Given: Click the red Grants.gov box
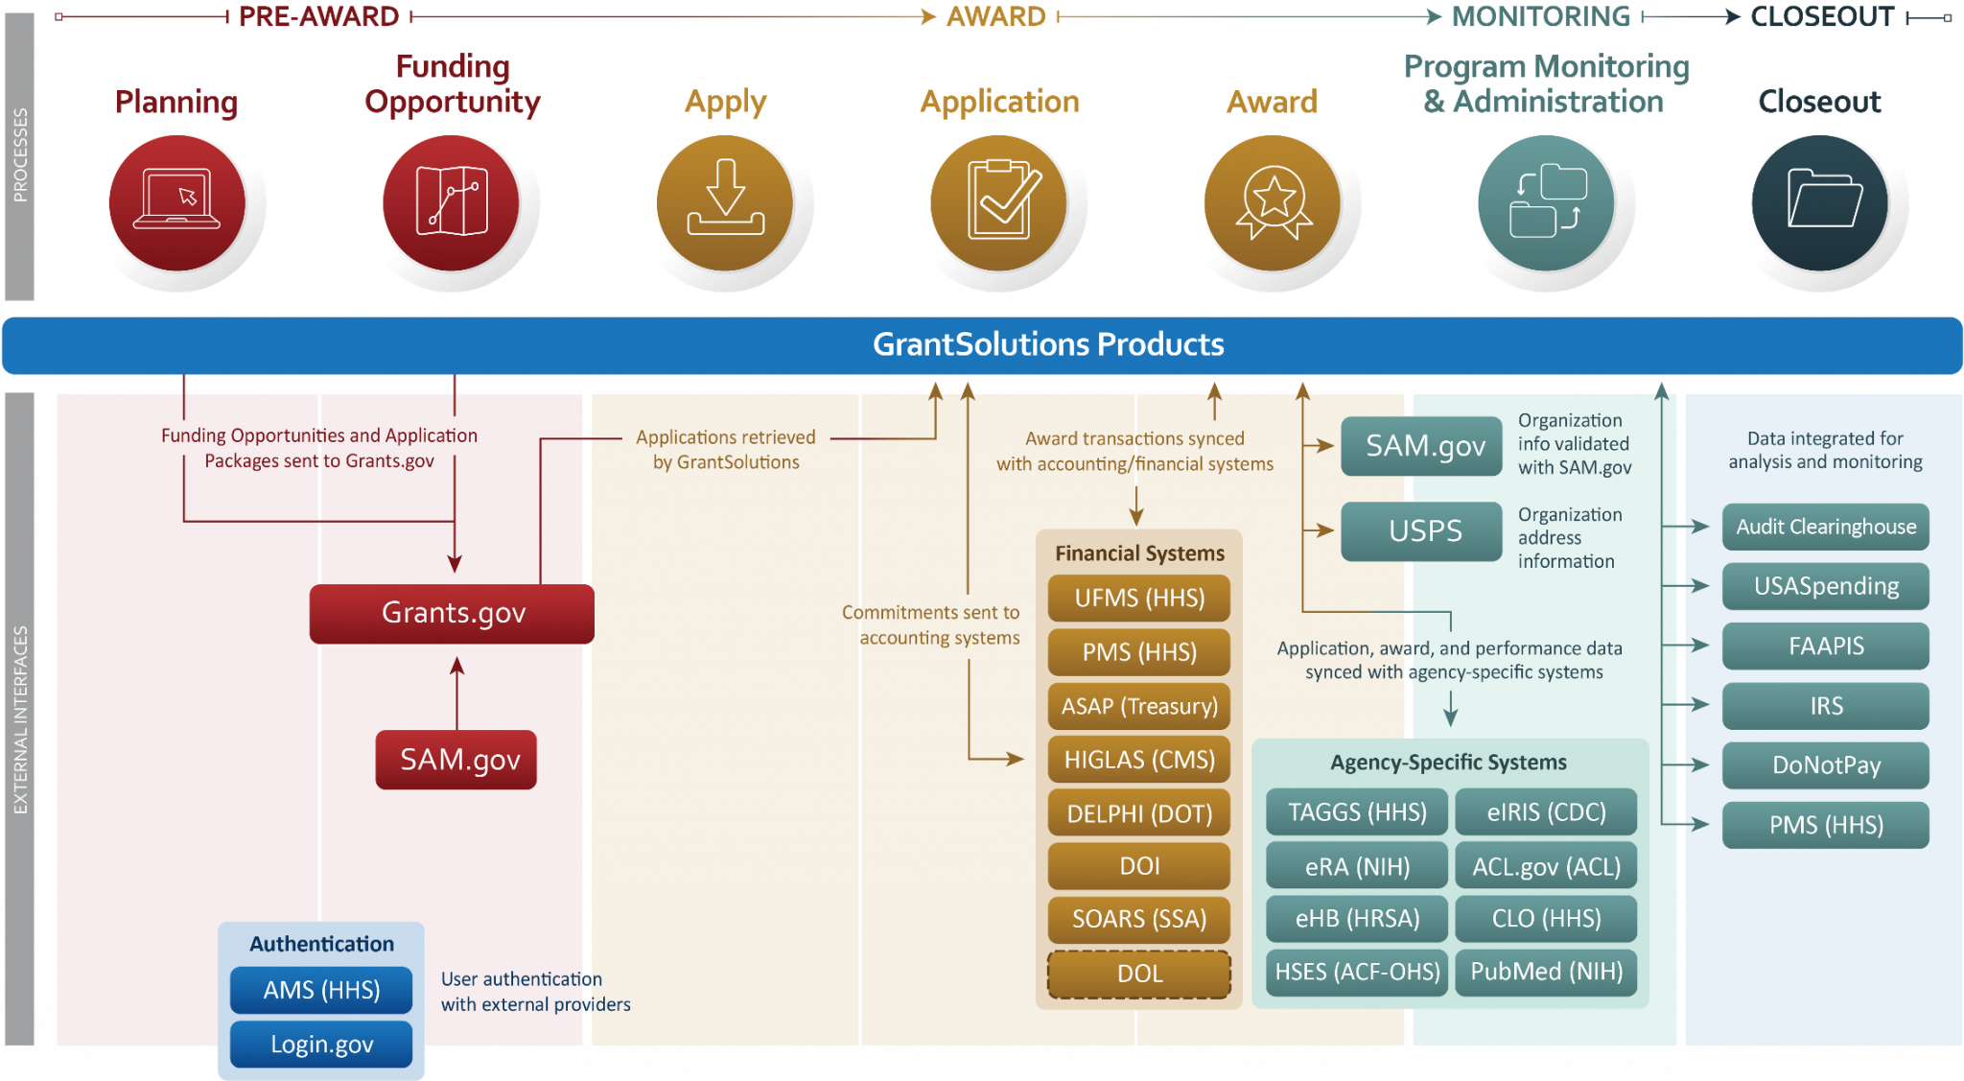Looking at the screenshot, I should click(x=452, y=613).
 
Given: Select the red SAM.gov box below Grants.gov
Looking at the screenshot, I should click(x=456, y=760).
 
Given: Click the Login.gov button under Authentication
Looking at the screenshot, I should click(x=321, y=1044).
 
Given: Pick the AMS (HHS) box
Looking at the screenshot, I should click(x=321, y=990).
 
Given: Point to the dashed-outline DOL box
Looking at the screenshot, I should click(x=1139, y=974).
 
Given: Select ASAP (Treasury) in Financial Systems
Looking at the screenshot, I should click(x=1139, y=706).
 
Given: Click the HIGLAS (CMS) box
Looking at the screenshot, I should click(x=1139, y=760).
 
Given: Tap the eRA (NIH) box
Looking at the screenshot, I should click(x=1357, y=866).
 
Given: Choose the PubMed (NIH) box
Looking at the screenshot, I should click(x=1546, y=972).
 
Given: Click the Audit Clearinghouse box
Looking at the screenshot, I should click(x=1825, y=527).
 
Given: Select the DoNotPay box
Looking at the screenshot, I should click(x=1825, y=765).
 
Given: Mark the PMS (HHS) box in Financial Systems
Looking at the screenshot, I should click(x=1139, y=652).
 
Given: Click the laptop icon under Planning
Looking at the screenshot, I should click(x=177, y=202).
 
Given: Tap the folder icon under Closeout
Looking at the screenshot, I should click(x=1819, y=202).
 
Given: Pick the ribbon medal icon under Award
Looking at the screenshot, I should click(x=1273, y=202).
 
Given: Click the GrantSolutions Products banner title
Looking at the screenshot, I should click(x=1048, y=344).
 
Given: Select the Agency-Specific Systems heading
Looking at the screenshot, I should click(x=1448, y=763).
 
